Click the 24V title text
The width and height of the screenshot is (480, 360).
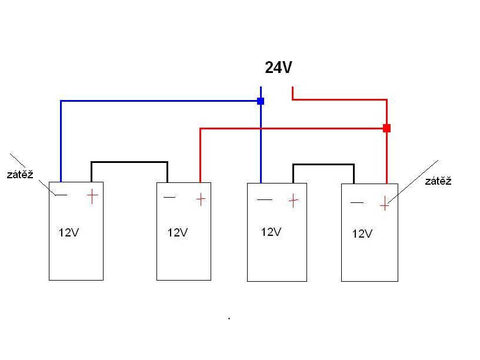(278, 67)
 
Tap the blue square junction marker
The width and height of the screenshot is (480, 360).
(261, 101)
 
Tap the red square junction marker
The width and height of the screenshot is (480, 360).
(386, 128)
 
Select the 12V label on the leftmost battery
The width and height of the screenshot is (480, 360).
(69, 232)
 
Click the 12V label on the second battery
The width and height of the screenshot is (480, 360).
(178, 232)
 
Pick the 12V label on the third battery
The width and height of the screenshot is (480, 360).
(271, 232)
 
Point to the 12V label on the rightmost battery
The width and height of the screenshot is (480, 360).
(362, 234)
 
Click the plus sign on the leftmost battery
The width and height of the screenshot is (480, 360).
(92, 196)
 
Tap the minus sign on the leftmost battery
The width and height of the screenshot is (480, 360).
(61, 195)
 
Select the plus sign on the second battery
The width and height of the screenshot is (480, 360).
(201, 199)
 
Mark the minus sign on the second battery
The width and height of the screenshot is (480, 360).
(169, 197)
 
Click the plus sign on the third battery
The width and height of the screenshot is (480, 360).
(294, 201)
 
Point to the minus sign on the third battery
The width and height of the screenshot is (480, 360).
(265, 199)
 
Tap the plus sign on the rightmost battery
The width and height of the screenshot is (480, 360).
(385, 204)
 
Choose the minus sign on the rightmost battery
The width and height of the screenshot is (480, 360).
(357, 202)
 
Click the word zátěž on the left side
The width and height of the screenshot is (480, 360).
(20, 174)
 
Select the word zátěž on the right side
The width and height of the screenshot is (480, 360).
(438, 181)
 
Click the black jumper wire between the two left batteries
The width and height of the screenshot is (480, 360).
(129, 162)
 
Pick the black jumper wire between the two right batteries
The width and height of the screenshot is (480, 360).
(324, 164)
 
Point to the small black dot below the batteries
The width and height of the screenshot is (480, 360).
(229, 318)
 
